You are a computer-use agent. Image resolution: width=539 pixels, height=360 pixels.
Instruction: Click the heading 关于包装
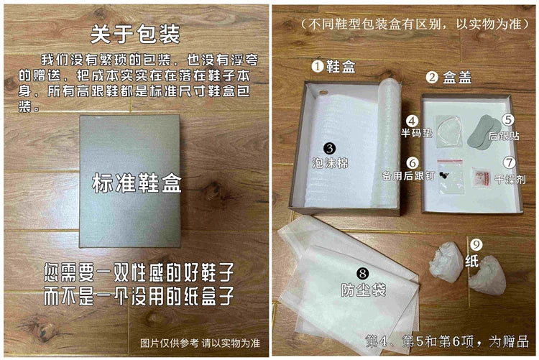(x=135, y=34)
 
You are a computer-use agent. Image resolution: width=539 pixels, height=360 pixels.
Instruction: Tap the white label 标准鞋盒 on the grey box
(x=137, y=183)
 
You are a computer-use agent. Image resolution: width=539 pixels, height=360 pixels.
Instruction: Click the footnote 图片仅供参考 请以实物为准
(x=200, y=343)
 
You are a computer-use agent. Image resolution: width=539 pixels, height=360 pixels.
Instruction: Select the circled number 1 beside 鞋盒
(x=318, y=65)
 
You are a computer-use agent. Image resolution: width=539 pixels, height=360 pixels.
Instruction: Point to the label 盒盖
(x=457, y=78)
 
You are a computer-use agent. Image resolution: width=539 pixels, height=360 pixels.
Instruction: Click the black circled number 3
(x=330, y=148)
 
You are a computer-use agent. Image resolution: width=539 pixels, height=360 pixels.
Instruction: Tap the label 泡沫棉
(x=331, y=162)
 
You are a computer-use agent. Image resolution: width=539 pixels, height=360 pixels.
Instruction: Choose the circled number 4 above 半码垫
(x=413, y=121)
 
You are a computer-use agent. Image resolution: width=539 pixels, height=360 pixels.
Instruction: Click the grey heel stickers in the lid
(x=481, y=132)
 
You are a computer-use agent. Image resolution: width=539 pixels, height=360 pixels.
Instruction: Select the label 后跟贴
(x=504, y=136)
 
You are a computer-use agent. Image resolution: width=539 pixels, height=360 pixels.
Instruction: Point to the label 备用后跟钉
(x=408, y=176)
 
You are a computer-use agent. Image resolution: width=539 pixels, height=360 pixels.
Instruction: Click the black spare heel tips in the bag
(x=444, y=176)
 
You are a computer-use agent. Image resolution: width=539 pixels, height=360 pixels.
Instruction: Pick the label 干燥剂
(x=510, y=179)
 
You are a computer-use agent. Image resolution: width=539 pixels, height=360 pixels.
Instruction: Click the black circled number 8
(x=363, y=274)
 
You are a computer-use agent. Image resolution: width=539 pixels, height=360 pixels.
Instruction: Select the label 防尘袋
(x=364, y=290)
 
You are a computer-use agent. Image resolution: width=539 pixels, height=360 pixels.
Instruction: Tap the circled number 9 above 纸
(x=476, y=244)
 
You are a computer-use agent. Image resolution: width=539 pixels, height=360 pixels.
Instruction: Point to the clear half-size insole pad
(x=448, y=131)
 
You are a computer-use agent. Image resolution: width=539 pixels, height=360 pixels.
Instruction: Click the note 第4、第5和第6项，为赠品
(x=446, y=341)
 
